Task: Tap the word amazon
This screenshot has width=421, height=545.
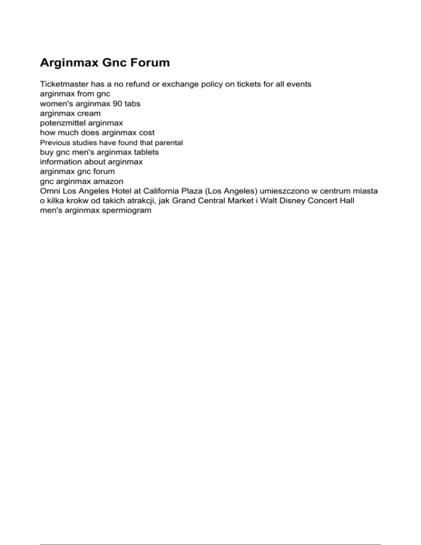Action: [x=107, y=181]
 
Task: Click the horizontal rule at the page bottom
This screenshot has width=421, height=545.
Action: [x=210, y=530]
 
